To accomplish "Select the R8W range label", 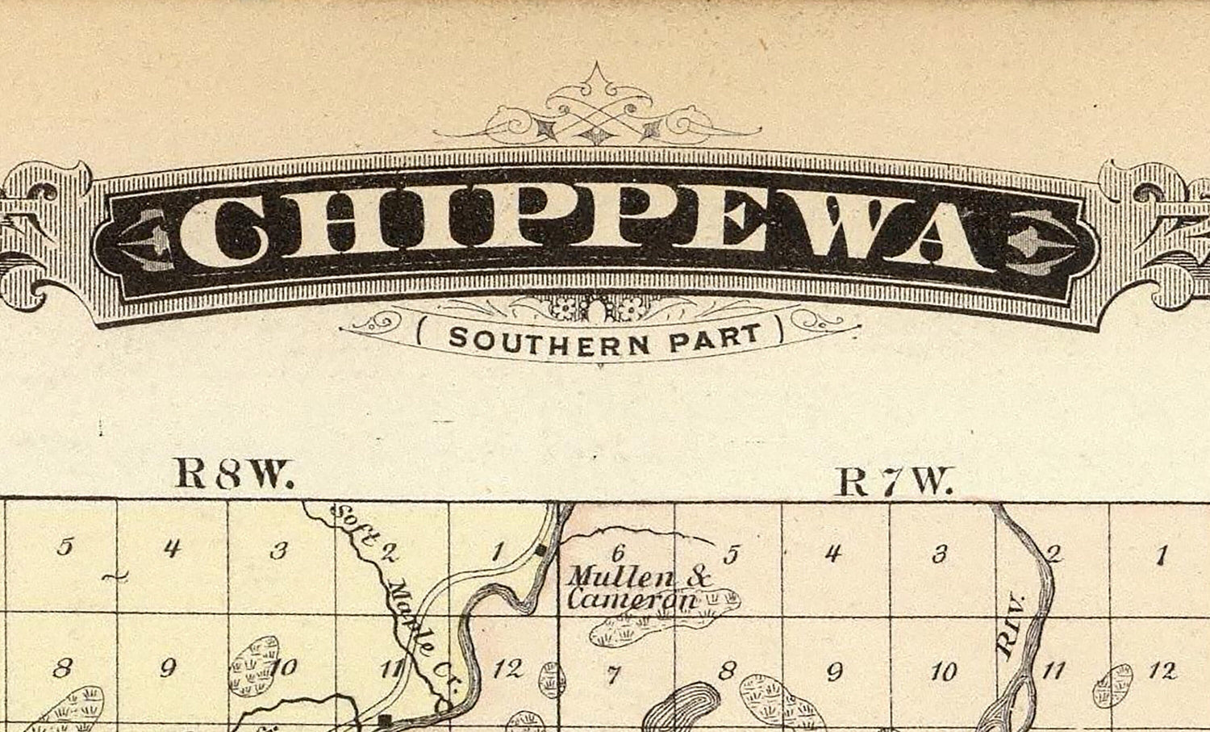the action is tap(233, 475).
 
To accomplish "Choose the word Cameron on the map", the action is tap(632, 600).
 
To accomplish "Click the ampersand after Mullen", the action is tap(701, 577).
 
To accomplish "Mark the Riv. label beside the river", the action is tap(1010, 638).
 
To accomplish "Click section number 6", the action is tap(619, 553).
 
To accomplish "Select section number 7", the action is tap(613, 675).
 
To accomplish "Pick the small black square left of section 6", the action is tap(540, 551).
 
